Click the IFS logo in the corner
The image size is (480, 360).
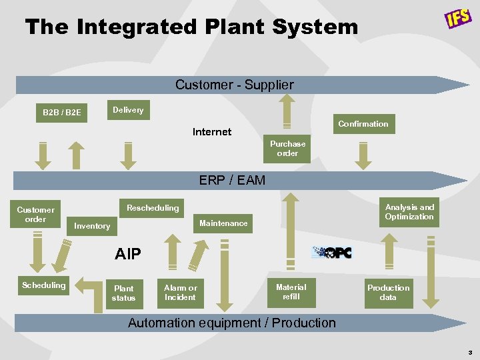coord(458,19)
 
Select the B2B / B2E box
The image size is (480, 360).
coord(61,112)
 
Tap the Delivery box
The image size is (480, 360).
coord(128,110)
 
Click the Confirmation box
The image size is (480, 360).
coord(363,124)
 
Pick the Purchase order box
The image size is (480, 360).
coord(287,149)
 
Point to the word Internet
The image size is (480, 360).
coord(212,132)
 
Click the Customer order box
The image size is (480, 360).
coord(35,214)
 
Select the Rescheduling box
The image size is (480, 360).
coord(153,208)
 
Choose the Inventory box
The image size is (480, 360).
coord(92,226)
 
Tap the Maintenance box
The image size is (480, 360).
coord(223,223)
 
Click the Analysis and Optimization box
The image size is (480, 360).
coord(409,212)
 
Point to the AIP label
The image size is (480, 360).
coord(128,254)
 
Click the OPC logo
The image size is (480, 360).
coord(332,253)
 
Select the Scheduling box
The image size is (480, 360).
coord(43,285)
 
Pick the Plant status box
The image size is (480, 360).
coord(123,293)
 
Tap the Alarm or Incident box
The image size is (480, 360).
coord(180,293)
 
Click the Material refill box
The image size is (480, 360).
coord(291,292)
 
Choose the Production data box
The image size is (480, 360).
coord(389,293)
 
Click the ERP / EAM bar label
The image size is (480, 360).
coord(232,180)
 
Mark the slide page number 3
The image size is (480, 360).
coord(470,352)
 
